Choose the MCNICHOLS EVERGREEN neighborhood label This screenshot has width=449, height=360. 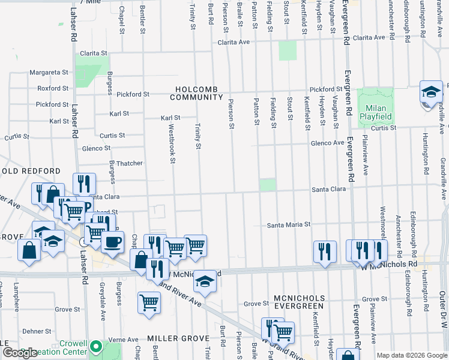tap(298, 302)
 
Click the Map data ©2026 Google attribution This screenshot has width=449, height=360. tap(412, 355)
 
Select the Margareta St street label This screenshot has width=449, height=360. tap(49, 72)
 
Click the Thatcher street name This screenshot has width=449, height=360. tap(129, 163)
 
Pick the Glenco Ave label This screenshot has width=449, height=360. tap(327, 143)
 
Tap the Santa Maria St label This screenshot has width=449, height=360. tap(288, 225)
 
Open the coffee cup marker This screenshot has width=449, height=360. tap(112, 242)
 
